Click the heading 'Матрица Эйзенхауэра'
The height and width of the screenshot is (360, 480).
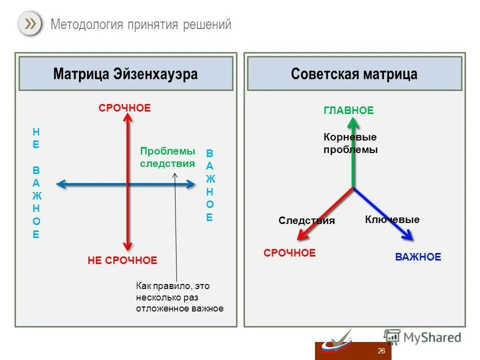[x=125, y=74]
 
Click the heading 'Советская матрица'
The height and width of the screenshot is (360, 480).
[x=354, y=74]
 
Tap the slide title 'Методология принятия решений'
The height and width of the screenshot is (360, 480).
[x=141, y=24]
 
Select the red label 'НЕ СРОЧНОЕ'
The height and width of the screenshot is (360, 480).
[x=122, y=260]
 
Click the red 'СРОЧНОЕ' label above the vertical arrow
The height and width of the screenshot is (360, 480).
[x=124, y=108]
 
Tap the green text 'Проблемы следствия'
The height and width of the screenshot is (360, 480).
[x=167, y=157]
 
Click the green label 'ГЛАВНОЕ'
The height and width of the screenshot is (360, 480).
[x=348, y=110]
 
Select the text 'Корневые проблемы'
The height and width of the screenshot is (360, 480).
[x=350, y=143]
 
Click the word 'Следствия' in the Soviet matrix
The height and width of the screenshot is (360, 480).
[x=306, y=220]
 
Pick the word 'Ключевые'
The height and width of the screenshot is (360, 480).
[x=392, y=219]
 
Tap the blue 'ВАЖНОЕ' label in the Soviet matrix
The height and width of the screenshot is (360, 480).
[x=418, y=257]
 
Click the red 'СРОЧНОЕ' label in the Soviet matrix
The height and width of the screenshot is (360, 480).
[x=289, y=253]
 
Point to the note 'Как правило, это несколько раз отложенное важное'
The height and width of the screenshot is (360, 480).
[x=179, y=297]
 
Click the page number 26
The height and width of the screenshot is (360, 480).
[x=381, y=351]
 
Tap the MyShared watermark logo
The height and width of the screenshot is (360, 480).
[x=422, y=337]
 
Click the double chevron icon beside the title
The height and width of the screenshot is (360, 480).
[x=30, y=24]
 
